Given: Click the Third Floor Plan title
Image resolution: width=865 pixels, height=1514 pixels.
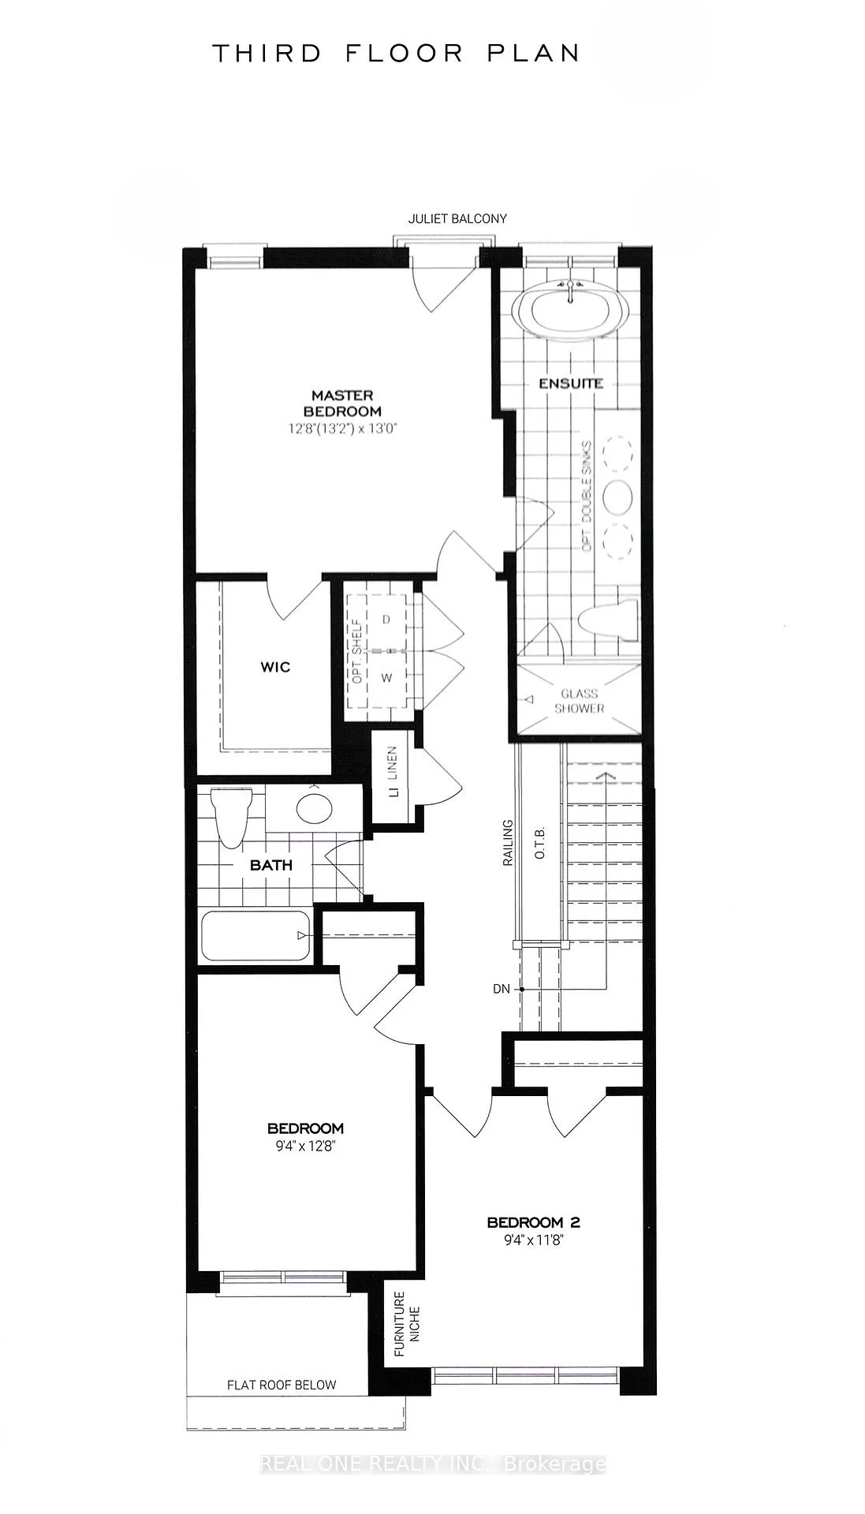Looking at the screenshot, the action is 396,54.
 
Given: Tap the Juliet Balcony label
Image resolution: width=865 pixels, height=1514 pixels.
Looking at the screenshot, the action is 457,218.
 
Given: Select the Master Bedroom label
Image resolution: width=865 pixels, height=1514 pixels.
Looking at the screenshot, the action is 342,403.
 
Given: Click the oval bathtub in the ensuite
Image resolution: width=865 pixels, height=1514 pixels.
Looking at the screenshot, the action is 570,311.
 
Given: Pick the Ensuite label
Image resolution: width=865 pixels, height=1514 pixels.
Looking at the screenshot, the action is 571,383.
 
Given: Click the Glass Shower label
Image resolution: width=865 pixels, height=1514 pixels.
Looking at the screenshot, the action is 579,701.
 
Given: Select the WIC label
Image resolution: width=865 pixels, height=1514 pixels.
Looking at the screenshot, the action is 275,667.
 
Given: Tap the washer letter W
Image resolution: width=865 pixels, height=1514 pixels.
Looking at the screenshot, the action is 386,677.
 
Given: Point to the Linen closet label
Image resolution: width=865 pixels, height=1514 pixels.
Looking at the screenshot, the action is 393,772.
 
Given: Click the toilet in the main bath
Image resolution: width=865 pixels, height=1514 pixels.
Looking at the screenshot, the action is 232,818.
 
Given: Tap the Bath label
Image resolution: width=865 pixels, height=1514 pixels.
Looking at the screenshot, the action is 271,865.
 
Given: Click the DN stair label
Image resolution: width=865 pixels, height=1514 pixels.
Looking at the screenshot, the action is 501,988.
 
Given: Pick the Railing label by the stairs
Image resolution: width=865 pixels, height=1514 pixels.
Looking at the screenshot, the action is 508,843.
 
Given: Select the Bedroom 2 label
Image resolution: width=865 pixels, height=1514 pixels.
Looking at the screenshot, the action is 534,1223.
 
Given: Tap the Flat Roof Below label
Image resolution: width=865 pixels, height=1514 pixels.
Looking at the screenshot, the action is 281,1385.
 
